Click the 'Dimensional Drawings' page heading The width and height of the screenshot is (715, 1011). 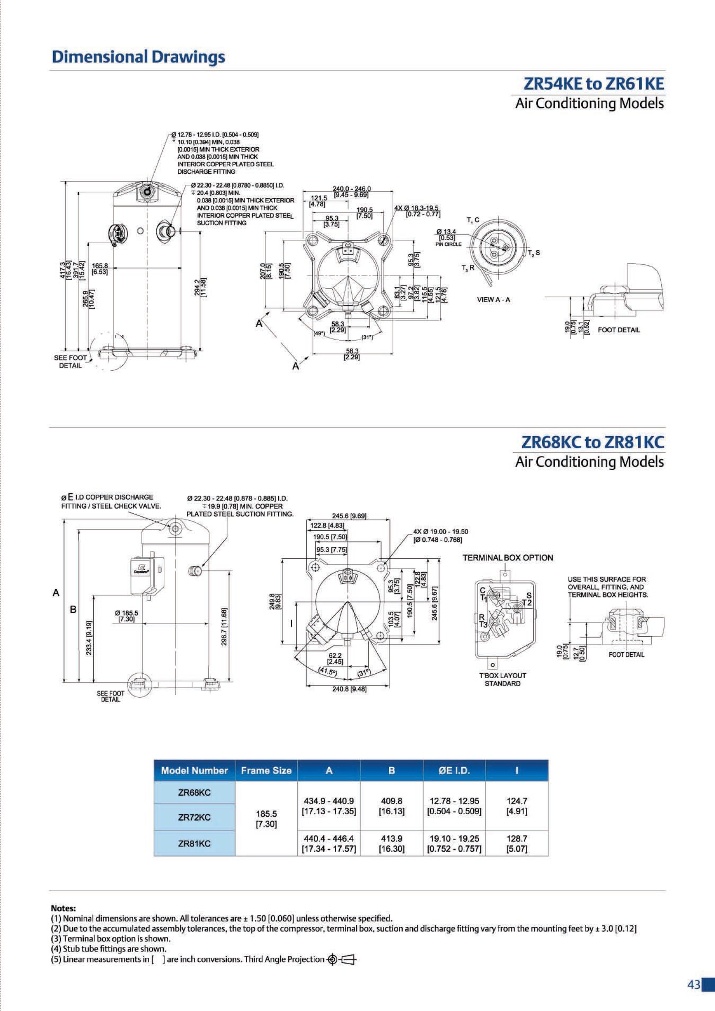click(138, 57)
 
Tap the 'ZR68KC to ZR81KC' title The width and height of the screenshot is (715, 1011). click(593, 442)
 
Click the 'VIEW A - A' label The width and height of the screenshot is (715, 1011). click(493, 300)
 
